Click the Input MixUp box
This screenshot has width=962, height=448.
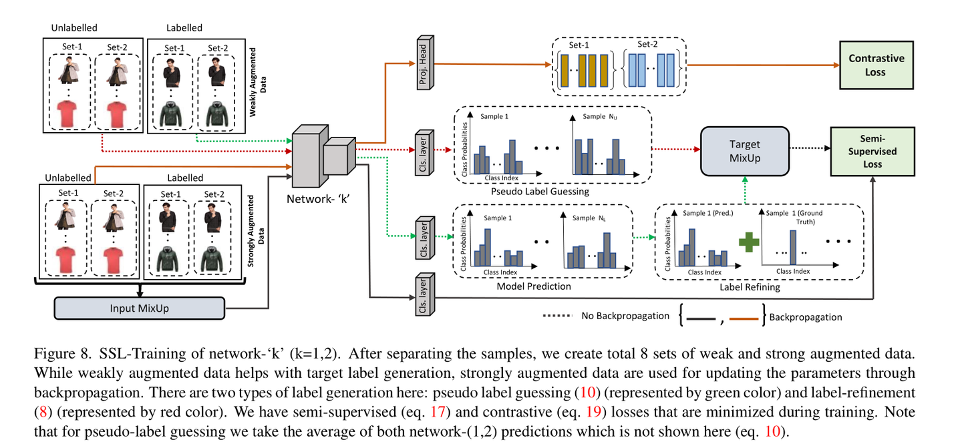click(x=140, y=308)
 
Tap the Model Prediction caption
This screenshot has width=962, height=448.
click(x=533, y=286)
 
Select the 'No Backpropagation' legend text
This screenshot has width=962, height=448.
click(x=625, y=316)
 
